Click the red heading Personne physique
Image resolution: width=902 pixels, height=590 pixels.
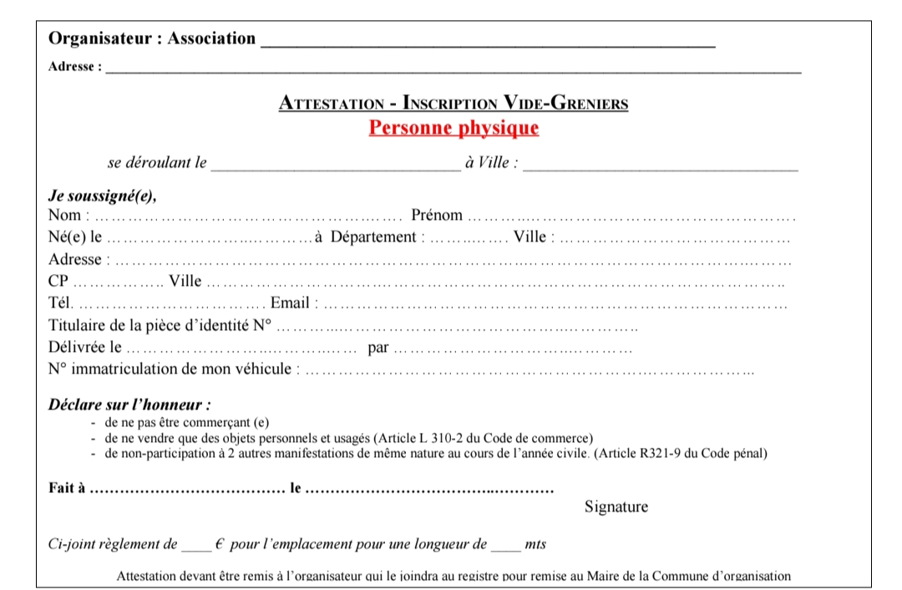tap(454, 129)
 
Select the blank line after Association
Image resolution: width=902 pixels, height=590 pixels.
tap(488, 42)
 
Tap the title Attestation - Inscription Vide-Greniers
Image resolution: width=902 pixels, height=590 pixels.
tap(454, 104)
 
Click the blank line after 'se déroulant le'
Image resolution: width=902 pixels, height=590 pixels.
tap(335, 165)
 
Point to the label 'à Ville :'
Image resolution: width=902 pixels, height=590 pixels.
tap(491, 163)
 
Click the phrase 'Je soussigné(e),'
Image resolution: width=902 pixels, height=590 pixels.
tap(103, 197)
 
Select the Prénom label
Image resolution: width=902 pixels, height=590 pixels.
tap(437, 216)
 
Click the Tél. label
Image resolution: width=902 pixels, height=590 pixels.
tap(61, 303)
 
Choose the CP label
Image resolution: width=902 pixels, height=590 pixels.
tap(58, 281)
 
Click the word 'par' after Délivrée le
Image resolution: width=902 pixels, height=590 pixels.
tap(378, 347)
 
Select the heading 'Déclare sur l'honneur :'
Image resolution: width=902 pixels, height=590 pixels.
tap(129, 405)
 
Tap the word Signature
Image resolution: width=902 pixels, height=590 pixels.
tap(616, 507)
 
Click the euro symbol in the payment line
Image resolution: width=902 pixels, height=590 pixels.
tap(220, 545)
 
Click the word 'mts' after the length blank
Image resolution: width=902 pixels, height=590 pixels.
tap(535, 545)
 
